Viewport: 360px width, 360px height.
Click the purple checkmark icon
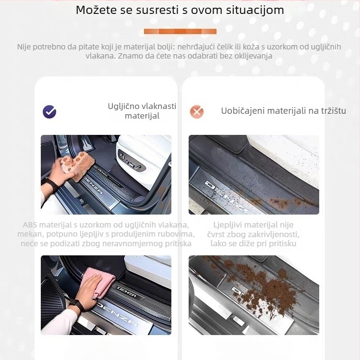coord(49,112)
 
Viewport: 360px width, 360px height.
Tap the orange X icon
coord(196,112)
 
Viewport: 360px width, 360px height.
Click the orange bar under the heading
coord(180,32)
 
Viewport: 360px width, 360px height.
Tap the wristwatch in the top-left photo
coord(51,184)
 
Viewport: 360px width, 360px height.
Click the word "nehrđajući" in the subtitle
coord(197,47)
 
